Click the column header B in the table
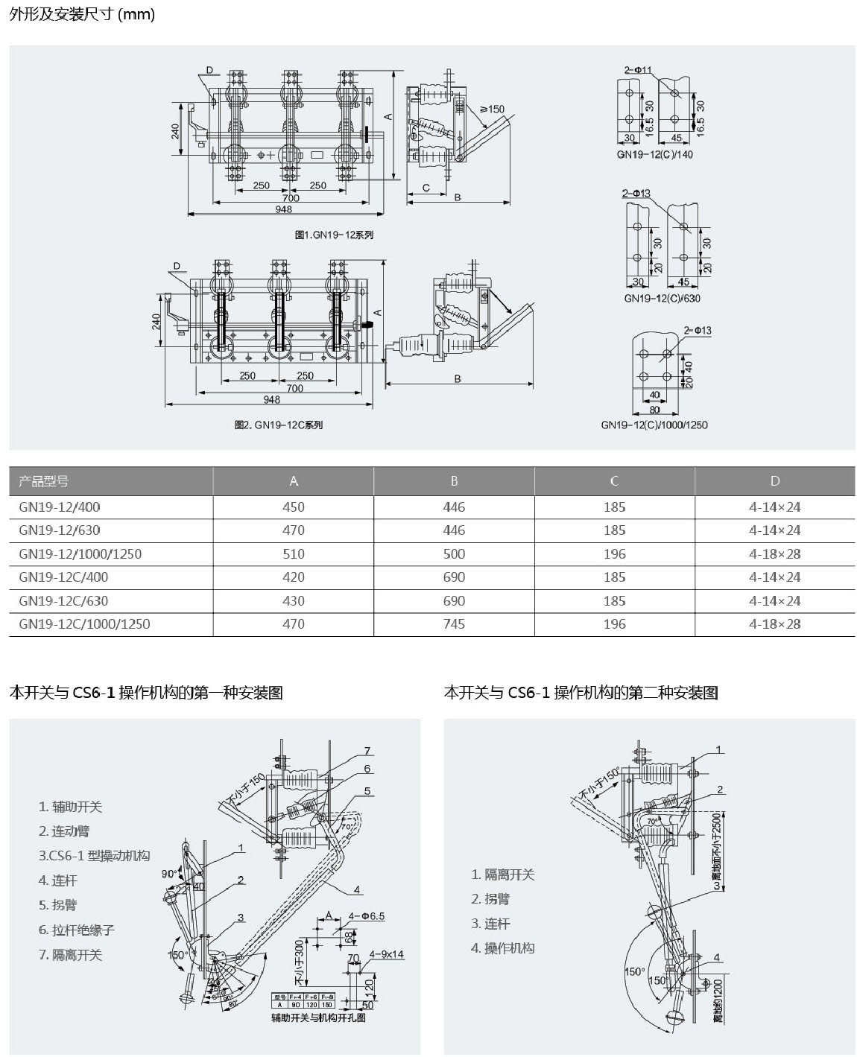tap(454, 481)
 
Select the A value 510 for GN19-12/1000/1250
tap(294, 554)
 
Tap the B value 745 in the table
tap(454, 624)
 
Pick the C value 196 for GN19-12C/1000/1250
tap(614, 624)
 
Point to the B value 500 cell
tap(454, 554)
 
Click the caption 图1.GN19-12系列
tap(334, 235)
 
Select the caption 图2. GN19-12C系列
tap(279, 425)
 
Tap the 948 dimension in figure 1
tap(283, 210)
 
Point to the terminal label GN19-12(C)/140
tap(654, 155)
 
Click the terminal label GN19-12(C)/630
tap(662, 299)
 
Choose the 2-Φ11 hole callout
tap(638, 70)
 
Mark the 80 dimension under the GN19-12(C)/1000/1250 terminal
tap(654, 410)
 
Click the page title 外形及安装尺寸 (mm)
tap(82, 14)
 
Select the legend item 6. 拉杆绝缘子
tap(77, 930)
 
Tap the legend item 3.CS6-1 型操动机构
tap(94, 856)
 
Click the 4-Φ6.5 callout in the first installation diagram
tap(367, 916)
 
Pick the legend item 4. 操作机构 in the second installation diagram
tap(502, 948)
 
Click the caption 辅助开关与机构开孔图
tap(318, 1018)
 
